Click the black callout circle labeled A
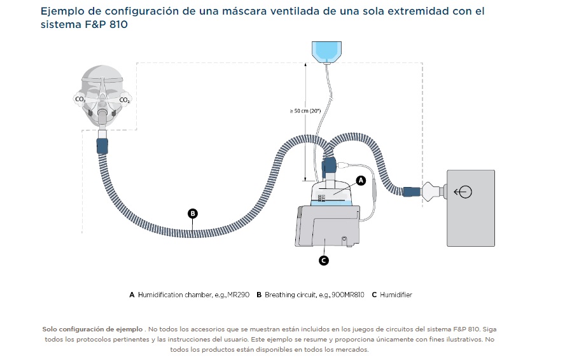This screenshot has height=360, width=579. tap(361, 180)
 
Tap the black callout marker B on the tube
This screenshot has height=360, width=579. tap(193, 214)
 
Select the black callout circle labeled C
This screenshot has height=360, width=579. tap(323, 260)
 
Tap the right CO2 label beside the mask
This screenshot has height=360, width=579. tap(125, 100)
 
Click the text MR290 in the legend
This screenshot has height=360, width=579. tap(236, 294)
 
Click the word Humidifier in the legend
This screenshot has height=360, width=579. tap(396, 294)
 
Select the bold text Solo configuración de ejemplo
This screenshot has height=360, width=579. tap(92, 329)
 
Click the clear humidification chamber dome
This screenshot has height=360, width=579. tap(334, 191)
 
